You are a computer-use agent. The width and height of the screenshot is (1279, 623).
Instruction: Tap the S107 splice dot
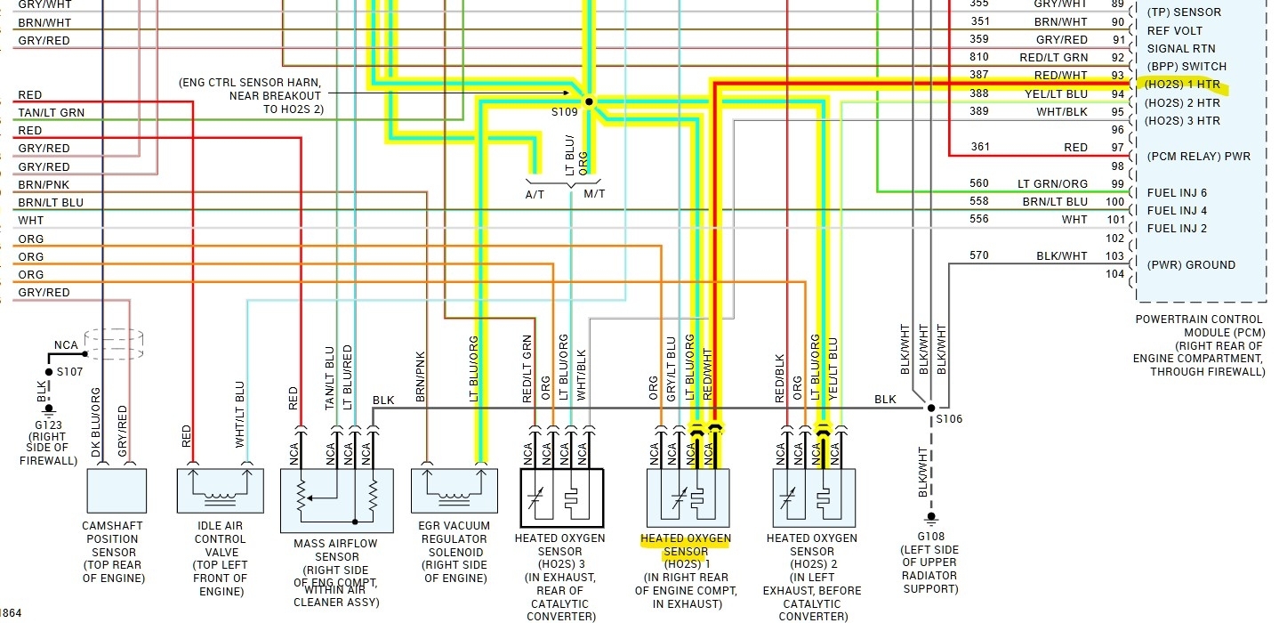coord(50,371)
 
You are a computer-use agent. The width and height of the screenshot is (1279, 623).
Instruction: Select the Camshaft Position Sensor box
coord(116,490)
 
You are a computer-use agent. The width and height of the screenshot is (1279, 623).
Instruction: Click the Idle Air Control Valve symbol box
coord(220,490)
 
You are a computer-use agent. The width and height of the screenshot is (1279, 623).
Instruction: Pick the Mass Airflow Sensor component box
coord(336,501)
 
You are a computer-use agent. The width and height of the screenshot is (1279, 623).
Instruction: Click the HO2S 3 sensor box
coord(561,499)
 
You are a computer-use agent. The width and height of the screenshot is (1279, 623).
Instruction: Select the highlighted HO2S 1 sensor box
coord(688,499)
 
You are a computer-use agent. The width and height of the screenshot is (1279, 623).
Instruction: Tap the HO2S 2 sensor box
coord(813,499)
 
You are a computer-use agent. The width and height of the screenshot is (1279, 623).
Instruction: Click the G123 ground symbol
coord(50,411)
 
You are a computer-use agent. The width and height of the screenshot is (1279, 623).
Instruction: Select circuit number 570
coord(978,256)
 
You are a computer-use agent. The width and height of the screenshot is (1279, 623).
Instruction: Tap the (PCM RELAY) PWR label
coord(1198,157)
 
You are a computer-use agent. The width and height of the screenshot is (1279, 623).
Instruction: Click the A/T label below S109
coord(535,194)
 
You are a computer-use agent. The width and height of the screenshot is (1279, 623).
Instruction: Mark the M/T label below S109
coord(594,194)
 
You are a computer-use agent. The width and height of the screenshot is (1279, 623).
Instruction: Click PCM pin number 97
coord(1118,147)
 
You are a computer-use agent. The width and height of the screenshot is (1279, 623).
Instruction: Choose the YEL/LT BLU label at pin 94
coord(1057,93)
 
